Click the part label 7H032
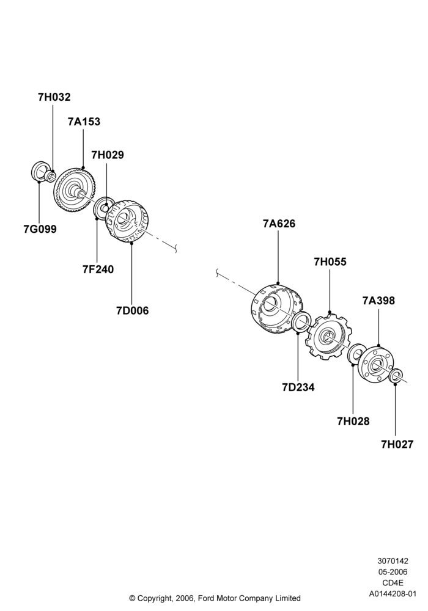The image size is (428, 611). (54, 97)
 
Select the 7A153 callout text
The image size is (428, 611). (84, 122)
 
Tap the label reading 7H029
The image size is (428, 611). (108, 155)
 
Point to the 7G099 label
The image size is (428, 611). (40, 229)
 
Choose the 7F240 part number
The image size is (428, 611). (98, 269)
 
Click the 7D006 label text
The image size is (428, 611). (133, 310)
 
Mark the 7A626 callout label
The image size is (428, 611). (279, 224)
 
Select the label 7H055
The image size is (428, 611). (330, 262)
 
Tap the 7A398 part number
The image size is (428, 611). (378, 301)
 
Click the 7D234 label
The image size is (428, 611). (298, 387)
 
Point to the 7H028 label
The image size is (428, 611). (353, 421)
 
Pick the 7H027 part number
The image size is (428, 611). (397, 444)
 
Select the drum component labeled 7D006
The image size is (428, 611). (127, 222)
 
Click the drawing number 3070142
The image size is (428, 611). (393, 561)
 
